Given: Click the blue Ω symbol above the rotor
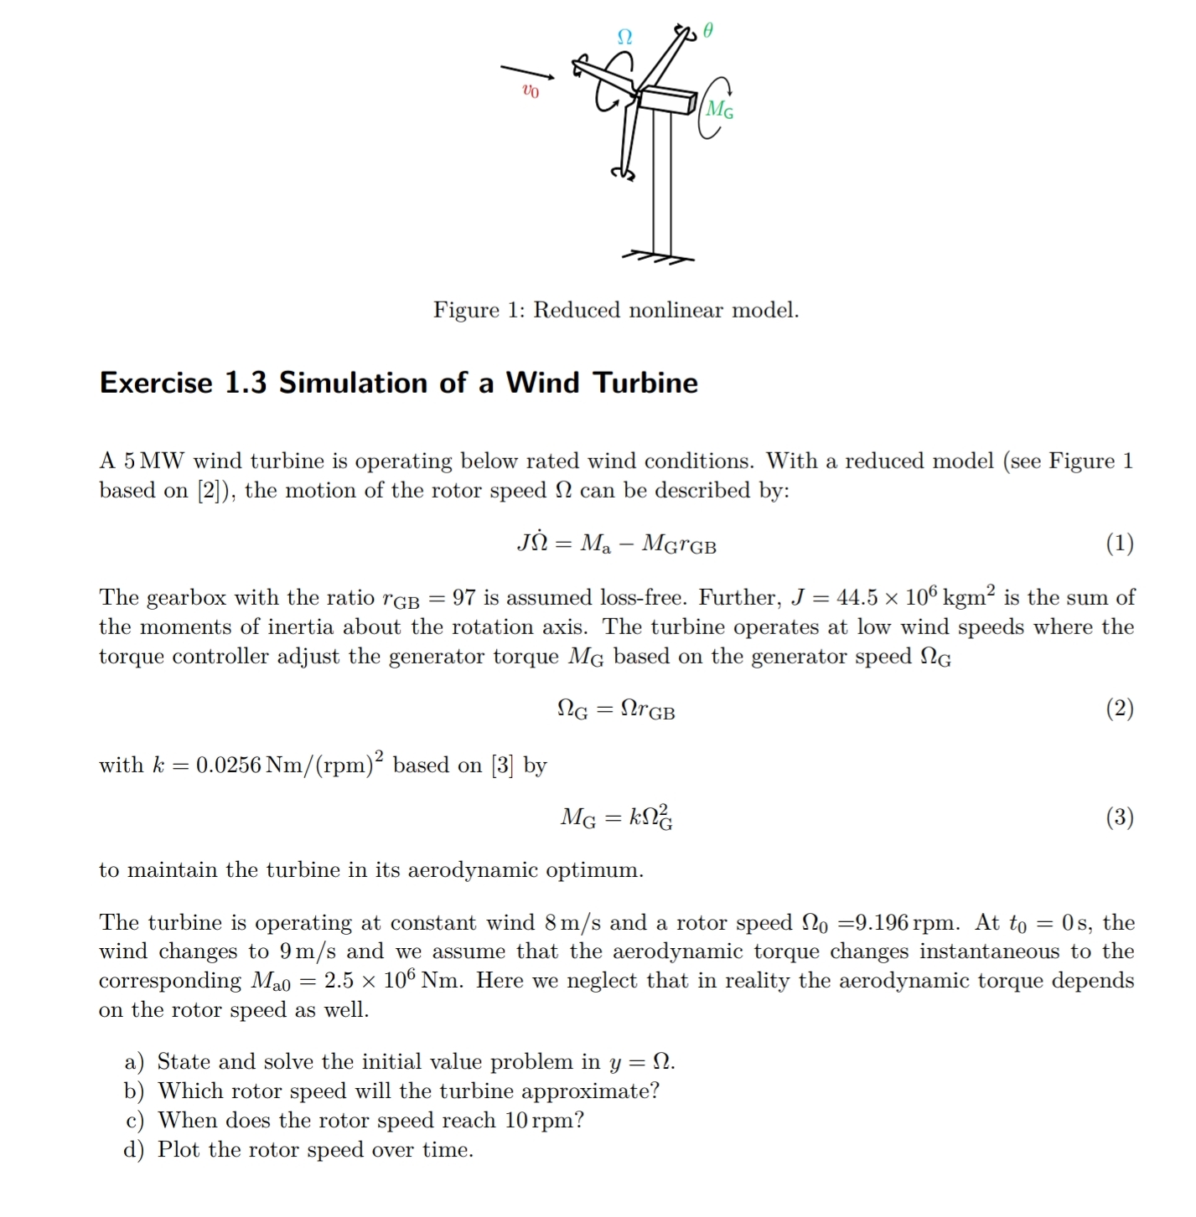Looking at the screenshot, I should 624,37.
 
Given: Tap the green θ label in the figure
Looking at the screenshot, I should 708,31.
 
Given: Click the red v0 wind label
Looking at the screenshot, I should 530,90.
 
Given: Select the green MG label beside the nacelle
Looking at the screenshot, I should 719,109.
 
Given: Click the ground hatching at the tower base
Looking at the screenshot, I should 658,257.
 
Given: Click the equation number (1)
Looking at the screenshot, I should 1119,544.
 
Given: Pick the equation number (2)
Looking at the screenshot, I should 1119,709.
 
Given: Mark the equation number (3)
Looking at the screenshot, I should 1119,817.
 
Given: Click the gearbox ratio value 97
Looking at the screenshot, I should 464,597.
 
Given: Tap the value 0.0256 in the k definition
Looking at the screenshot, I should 228,765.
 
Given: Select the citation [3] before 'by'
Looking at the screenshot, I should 502,765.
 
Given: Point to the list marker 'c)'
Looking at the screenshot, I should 134,1121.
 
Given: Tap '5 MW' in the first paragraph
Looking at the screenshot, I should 153,461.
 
